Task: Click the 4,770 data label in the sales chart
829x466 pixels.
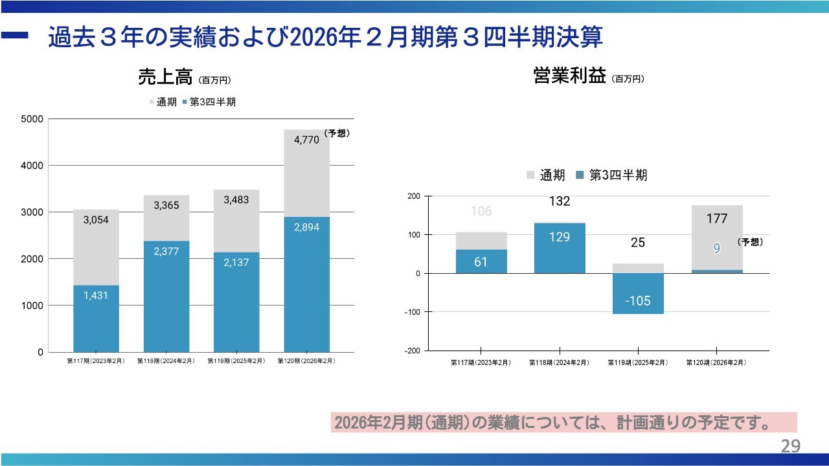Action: pyautogui.click(x=306, y=139)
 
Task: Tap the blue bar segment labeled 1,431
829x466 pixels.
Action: pyautogui.click(x=96, y=318)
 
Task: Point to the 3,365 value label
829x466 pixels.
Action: pyautogui.click(x=166, y=205)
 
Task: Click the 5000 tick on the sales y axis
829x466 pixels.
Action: pyautogui.click(x=32, y=119)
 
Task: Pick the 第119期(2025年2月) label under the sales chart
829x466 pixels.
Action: pyautogui.click(x=236, y=361)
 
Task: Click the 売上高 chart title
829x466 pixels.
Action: pyautogui.click(x=165, y=78)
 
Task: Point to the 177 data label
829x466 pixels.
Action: pyautogui.click(x=717, y=219)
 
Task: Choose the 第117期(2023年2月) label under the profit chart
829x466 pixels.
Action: pyautogui.click(x=481, y=363)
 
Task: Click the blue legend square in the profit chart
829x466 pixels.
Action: pyautogui.click(x=579, y=175)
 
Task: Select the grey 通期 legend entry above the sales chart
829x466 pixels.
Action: pyautogui.click(x=163, y=102)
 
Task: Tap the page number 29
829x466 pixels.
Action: pyautogui.click(x=790, y=446)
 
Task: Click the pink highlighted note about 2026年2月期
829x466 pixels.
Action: pyautogui.click(x=563, y=423)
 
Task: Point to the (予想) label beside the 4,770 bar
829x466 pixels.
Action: pyautogui.click(x=337, y=133)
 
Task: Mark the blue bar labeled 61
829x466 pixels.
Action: pyautogui.click(x=481, y=261)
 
